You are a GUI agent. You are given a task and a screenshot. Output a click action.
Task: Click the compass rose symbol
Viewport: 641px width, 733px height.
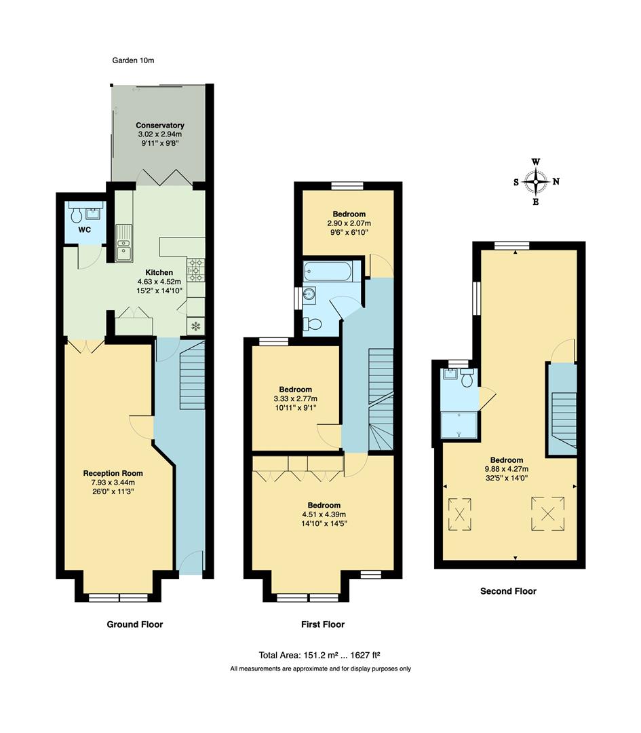click(x=536, y=182)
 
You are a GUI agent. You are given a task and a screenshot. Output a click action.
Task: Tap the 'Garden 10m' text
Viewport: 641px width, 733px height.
click(x=134, y=60)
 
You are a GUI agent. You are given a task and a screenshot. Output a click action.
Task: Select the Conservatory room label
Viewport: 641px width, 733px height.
click(x=159, y=126)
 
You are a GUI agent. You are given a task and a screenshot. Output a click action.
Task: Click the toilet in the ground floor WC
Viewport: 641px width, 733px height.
click(x=76, y=215)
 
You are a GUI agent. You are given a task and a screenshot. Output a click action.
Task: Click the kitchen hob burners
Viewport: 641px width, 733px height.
click(x=195, y=269)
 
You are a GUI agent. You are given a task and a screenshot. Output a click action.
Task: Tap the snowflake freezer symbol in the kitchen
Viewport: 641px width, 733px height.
click(x=195, y=327)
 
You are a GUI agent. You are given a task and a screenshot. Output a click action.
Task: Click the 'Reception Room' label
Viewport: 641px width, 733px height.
click(x=113, y=473)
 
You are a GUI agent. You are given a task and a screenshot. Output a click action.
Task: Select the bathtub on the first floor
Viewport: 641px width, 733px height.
click(x=328, y=271)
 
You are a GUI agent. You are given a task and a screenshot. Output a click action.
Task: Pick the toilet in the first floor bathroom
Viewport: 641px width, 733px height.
click(x=311, y=323)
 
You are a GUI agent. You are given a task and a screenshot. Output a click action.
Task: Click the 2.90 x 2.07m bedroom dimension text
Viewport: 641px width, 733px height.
click(x=349, y=223)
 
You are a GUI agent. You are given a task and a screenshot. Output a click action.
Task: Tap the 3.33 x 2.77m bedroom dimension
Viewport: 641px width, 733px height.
click(x=295, y=398)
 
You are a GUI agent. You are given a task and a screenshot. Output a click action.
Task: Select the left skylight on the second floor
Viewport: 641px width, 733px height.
click(x=459, y=512)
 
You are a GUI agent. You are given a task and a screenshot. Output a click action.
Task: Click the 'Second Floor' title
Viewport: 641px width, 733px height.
click(x=508, y=591)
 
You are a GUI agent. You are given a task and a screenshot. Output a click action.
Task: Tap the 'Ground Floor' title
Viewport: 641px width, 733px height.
click(x=135, y=624)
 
